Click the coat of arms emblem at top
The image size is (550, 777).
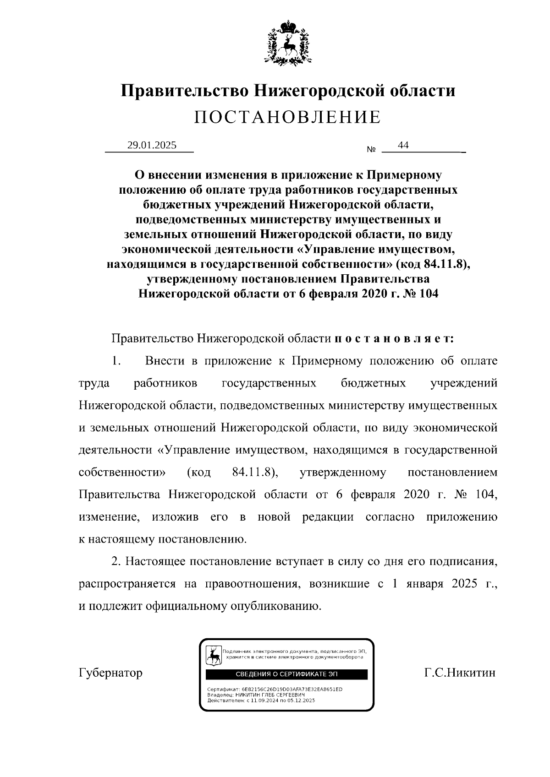click(288, 43)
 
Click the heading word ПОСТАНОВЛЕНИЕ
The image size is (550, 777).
click(287, 118)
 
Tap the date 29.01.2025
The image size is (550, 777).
click(152, 145)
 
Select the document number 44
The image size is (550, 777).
click(403, 145)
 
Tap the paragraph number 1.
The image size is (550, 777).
click(115, 361)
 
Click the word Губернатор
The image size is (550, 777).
click(110, 673)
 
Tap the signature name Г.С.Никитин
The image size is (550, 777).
click(460, 673)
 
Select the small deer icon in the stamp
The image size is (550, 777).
click(213, 655)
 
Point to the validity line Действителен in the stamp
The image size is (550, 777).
click(261, 700)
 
